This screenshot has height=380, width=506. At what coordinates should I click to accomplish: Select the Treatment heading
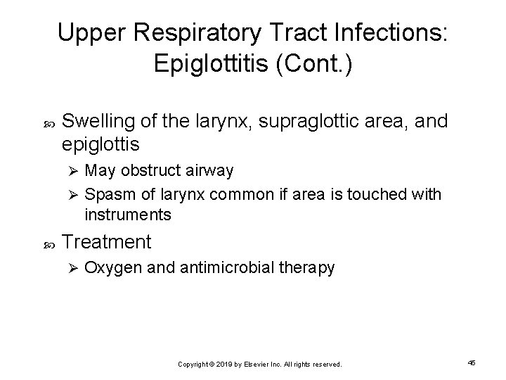tap(106, 243)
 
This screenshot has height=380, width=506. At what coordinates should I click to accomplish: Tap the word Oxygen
tap(108, 268)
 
